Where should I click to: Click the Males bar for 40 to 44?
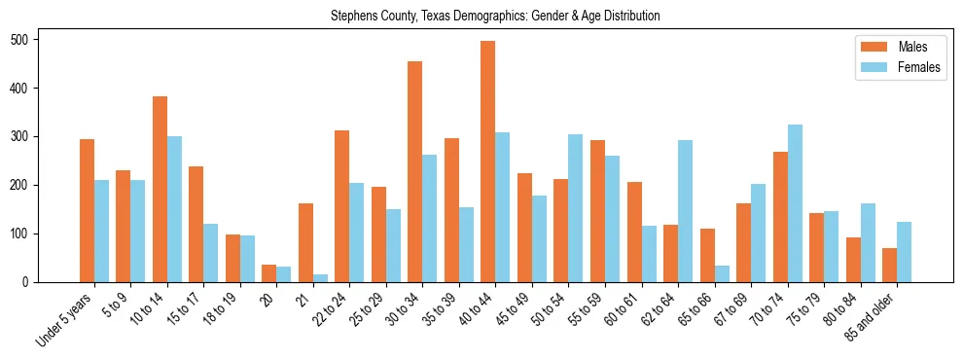pos(488,162)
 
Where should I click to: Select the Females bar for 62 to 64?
pos(685,211)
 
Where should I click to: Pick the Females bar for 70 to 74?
pos(795,203)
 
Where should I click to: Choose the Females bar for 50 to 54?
pos(576,208)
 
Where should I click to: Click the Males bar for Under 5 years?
pos(87,211)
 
